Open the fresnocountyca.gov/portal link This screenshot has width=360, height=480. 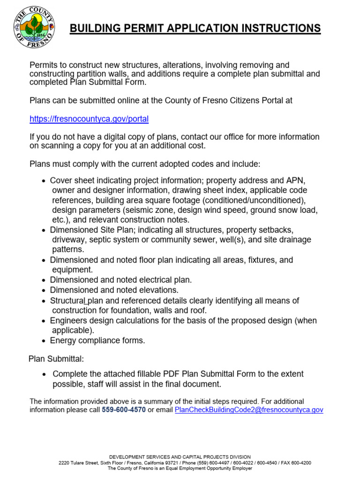[89, 119]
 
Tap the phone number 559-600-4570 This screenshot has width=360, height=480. [124, 410]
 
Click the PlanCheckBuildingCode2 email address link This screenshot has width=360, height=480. [249, 410]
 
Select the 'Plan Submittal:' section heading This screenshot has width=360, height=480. [56, 359]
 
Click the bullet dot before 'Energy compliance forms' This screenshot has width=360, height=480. [44, 341]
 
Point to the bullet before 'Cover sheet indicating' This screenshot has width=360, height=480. [44, 181]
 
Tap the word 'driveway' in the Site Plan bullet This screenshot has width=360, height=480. [68, 240]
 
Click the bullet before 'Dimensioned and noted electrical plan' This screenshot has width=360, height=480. [44, 280]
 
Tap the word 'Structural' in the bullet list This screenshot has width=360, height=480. [67, 300]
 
